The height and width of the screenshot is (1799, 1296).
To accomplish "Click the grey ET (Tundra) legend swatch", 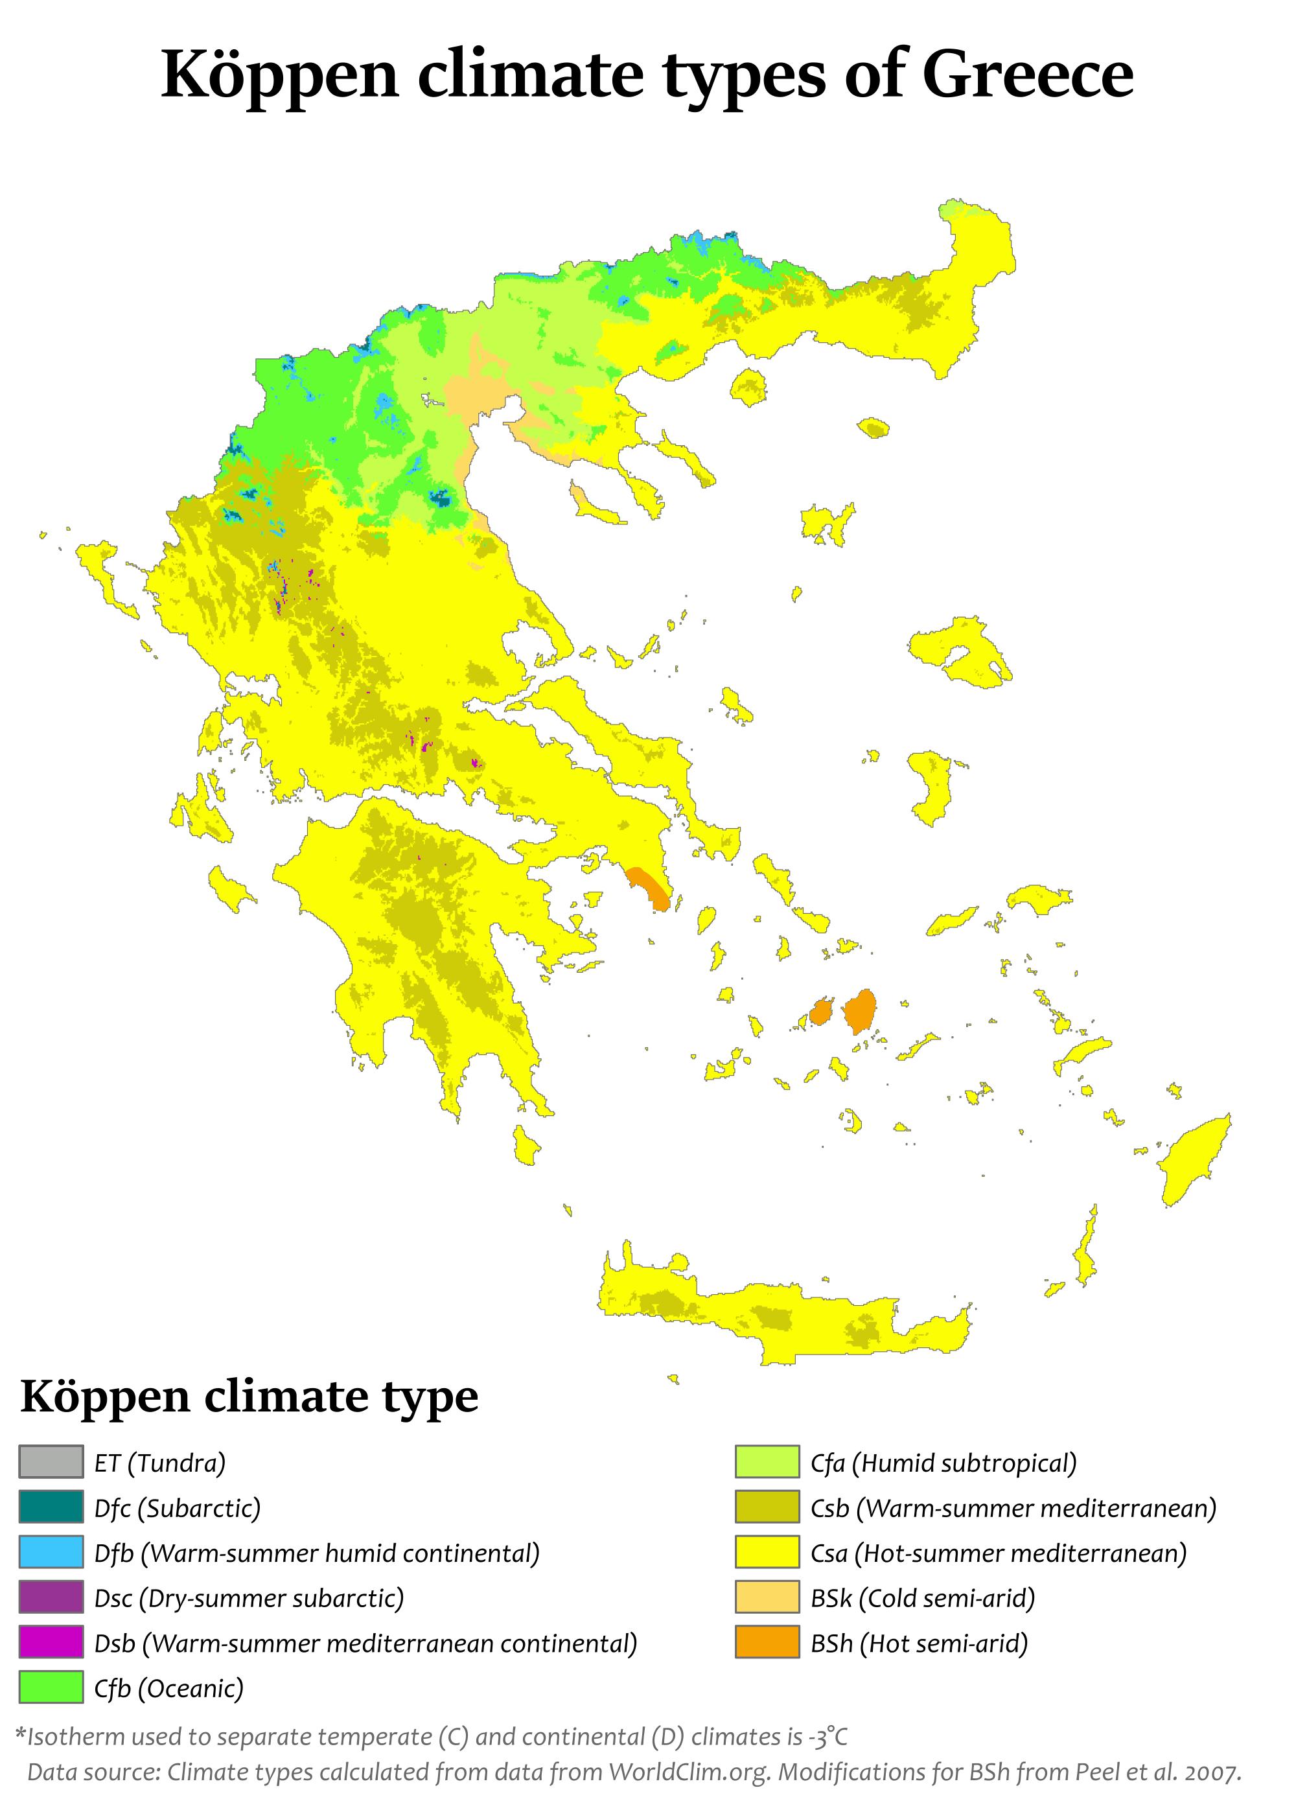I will point(51,1462).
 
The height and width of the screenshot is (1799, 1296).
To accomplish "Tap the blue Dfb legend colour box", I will point(51,1552).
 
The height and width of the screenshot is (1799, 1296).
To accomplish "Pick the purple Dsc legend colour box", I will point(51,1597).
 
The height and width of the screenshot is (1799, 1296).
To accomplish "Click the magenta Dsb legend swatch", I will point(51,1643).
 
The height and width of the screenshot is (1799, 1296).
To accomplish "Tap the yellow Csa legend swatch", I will point(766,1552).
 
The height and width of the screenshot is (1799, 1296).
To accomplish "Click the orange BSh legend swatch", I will point(766,1643).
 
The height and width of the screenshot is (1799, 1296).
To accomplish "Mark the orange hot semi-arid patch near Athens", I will point(651,888).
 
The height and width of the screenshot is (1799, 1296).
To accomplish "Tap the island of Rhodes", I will point(1192,1158).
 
